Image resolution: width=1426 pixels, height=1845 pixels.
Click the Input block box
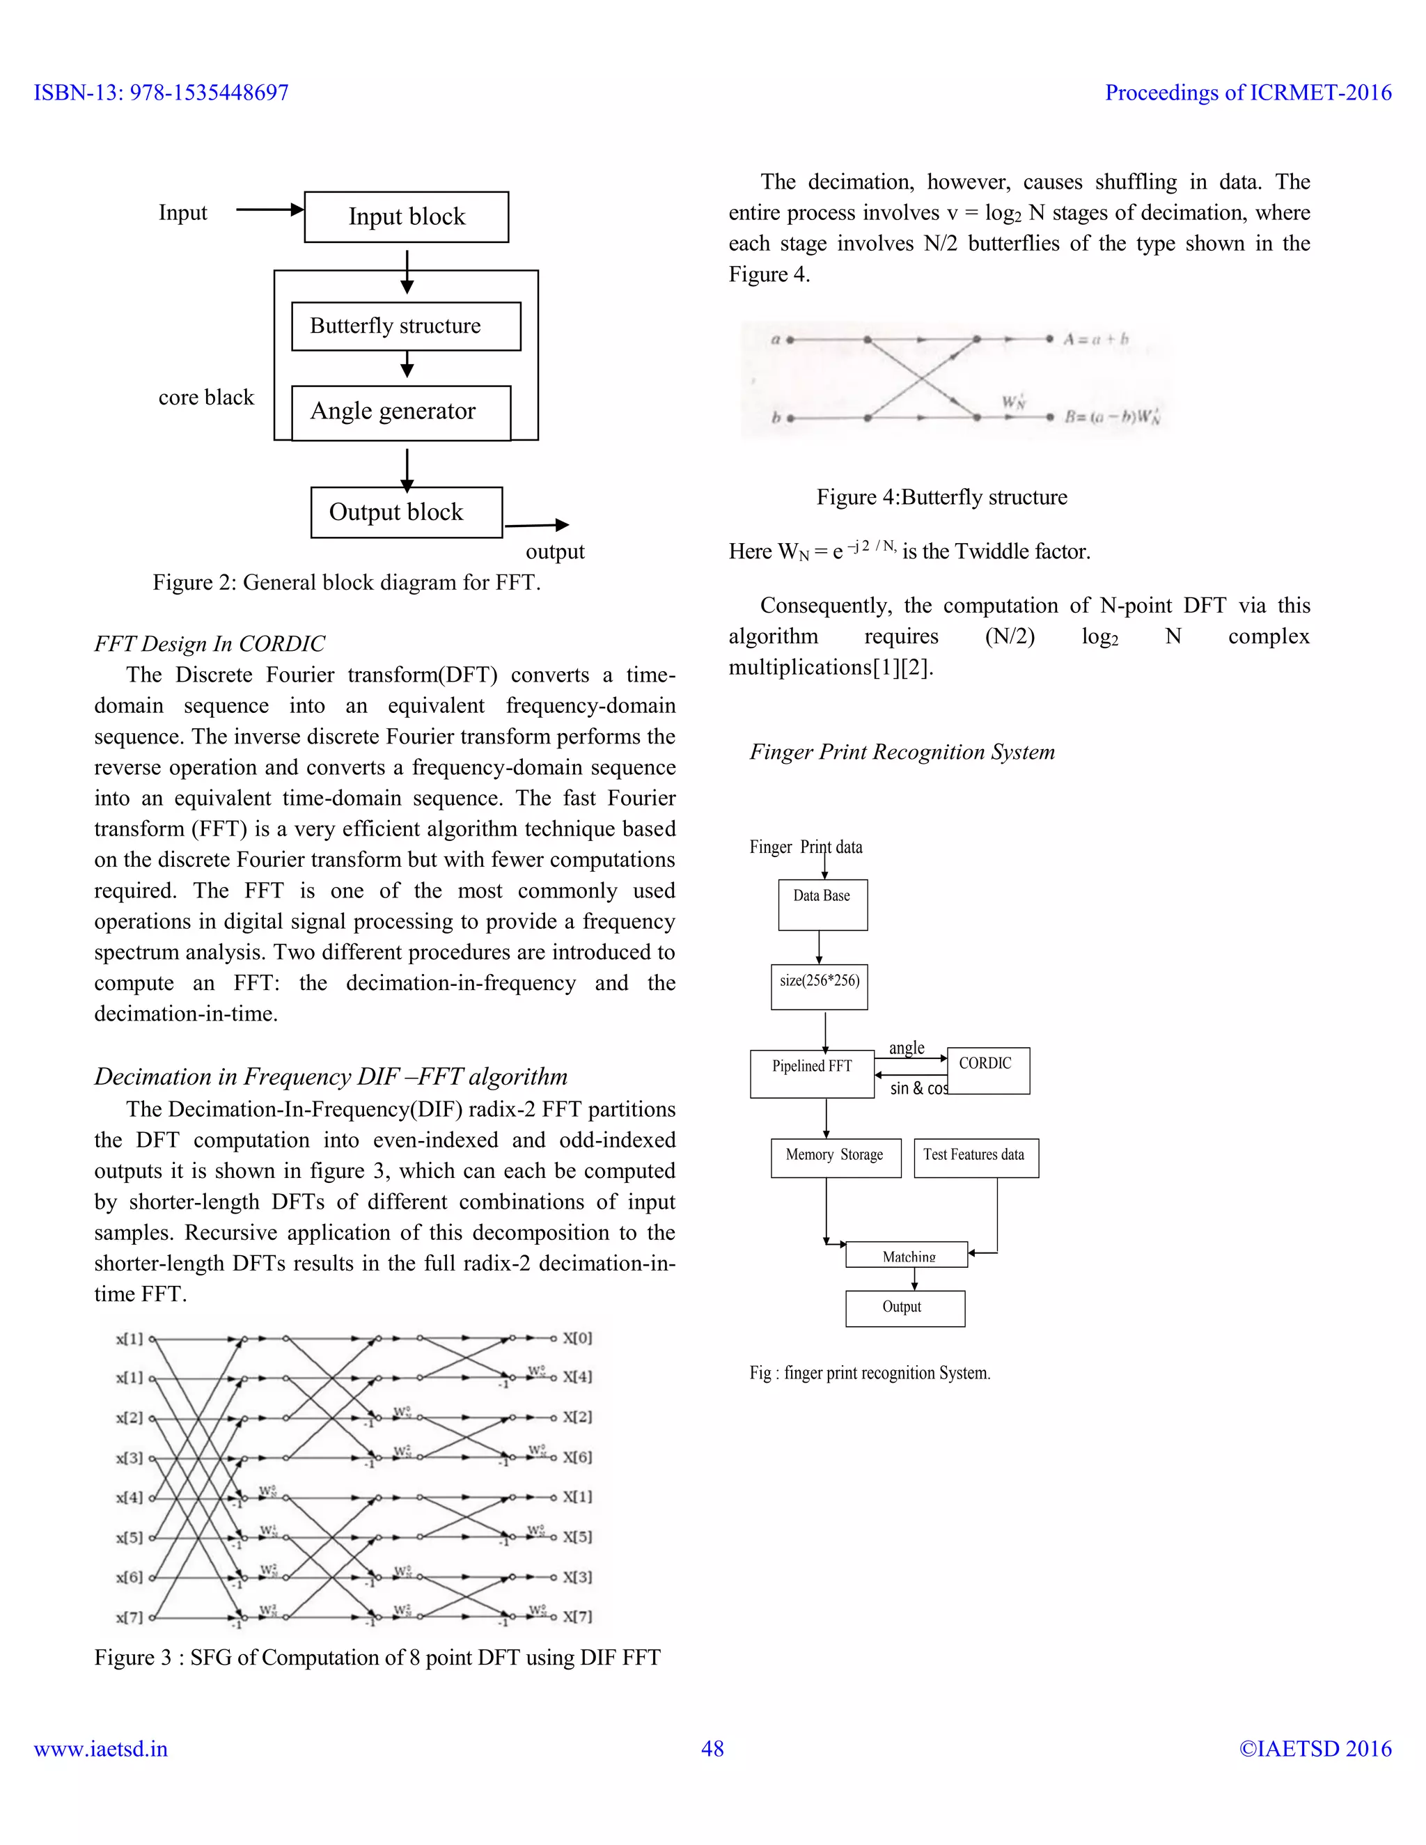(407, 217)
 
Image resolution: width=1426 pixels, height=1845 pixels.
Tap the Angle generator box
(400, 412)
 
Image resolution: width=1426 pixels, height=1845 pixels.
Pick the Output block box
(407, 512)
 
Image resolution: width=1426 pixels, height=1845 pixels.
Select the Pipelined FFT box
(812, 1072)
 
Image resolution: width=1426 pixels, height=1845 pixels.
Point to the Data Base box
(823, 905)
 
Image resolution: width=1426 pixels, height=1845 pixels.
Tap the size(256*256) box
(820, 987)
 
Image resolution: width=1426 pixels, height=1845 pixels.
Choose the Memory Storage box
(836, 1157)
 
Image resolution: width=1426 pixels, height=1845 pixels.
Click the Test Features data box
(976, 1157)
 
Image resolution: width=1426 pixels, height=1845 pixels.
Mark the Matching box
(907, 1255)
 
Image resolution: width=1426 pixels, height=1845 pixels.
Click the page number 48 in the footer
(712, 1749)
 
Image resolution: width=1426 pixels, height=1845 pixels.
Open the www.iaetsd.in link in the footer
(100, 1749)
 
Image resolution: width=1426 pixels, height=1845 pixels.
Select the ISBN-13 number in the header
(162, 93)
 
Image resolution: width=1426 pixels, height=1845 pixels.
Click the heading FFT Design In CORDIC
(210, 644)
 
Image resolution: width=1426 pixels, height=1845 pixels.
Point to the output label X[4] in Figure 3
(578, 1377)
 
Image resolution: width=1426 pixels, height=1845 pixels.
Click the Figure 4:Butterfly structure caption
(941, 496)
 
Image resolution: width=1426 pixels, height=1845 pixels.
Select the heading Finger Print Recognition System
(902, 752)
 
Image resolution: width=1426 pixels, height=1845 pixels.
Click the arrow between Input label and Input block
(269, 210)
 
